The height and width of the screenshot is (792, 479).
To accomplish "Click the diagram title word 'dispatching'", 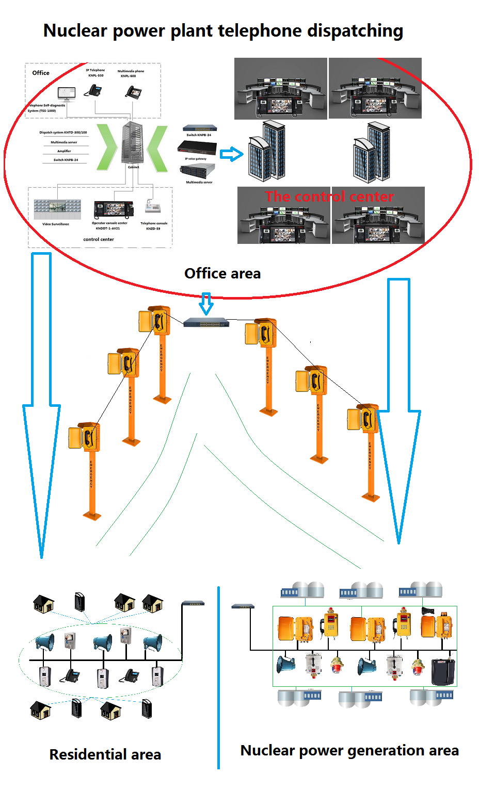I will point(355,31).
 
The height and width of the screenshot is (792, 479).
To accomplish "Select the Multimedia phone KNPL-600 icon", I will point(133,92).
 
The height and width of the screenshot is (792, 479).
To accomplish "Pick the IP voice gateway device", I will point(197,148).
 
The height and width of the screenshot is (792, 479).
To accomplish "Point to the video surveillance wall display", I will point(57,208).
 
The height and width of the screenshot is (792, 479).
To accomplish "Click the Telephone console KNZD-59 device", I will point(153,207).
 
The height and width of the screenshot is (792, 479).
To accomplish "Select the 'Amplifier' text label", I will point(64,151).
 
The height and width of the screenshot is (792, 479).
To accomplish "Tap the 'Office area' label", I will point(222,273).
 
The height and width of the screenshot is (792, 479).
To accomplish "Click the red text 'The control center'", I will point(329,196).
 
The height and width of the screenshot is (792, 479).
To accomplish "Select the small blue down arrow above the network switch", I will point(206,303).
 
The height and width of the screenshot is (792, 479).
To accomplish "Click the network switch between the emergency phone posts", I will point(206,323).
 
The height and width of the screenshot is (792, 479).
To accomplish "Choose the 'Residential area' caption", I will point(105,754).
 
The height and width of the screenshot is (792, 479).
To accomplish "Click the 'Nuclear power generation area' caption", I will point(349,750).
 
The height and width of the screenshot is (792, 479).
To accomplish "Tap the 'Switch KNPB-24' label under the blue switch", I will point(199,135).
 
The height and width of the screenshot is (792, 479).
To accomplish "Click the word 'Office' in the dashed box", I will point(41,73).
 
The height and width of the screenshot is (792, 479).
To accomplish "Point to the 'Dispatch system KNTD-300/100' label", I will point(63,133).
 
